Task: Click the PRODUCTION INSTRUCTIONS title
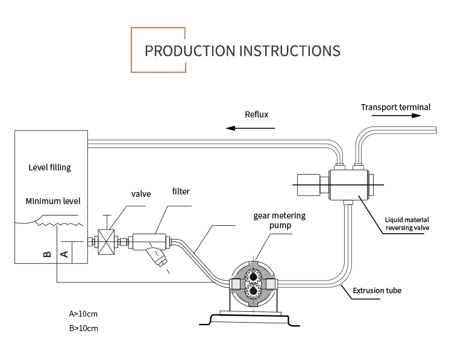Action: pos(242,49)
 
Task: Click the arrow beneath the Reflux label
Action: pos(251,128)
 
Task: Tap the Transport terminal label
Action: pos(395,108)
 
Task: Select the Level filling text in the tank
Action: pos(49,167)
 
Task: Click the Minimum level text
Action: pos(53,201)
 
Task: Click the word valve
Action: pos(141,194)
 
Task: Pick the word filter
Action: pos(181,191)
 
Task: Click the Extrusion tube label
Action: pos(377,291)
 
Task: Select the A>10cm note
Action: pos(83,314)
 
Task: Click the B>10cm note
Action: pos(83,329)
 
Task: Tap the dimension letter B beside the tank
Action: pos(48,254)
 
